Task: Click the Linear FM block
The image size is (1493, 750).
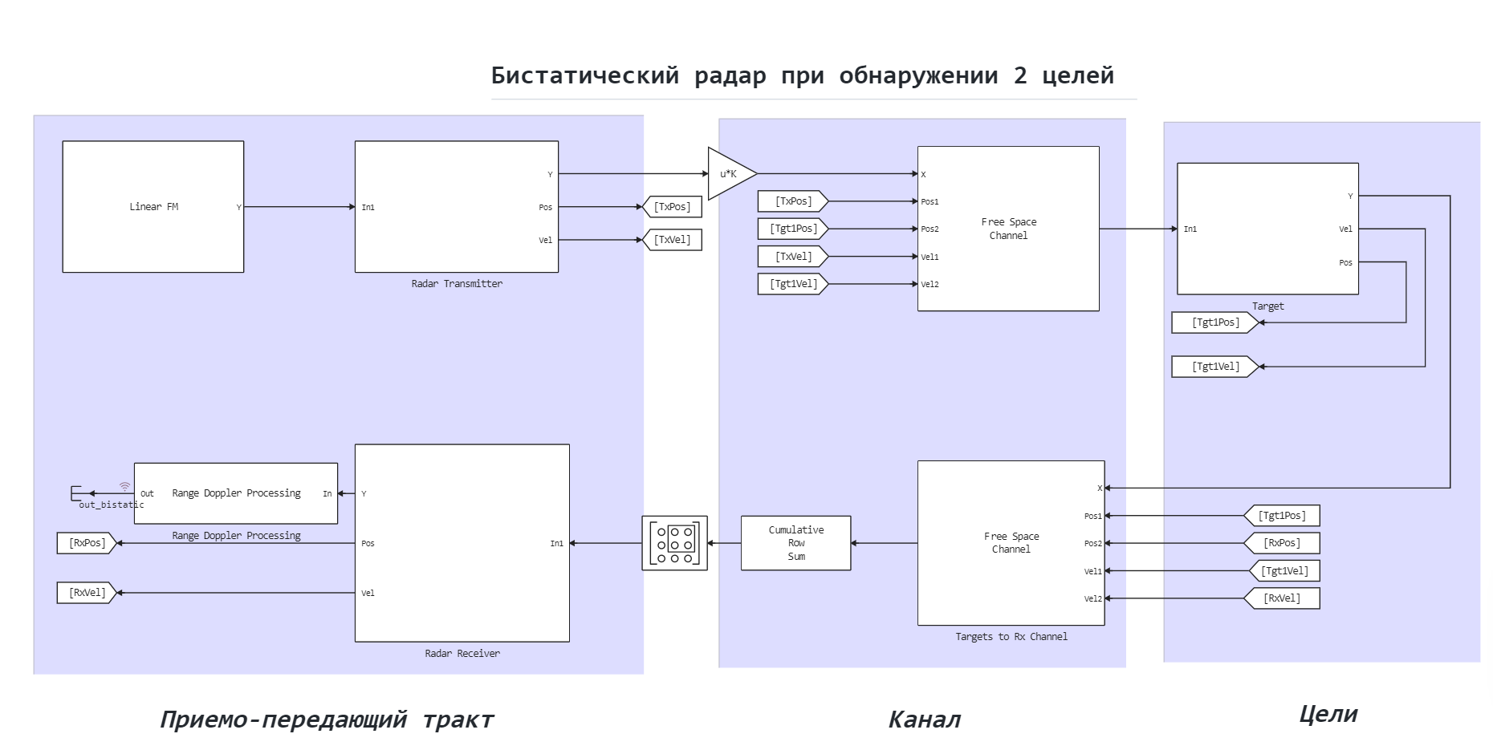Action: point(153,207)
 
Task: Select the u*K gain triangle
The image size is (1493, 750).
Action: point(730,174)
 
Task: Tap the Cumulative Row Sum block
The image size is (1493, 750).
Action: point(795,543)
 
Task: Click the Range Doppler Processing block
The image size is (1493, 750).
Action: point(236,493)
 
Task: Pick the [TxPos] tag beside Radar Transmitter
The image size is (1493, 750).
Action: point(672,207)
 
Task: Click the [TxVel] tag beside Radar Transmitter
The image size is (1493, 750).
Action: point(672,240)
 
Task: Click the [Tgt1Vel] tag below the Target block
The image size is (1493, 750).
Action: point(1214,367)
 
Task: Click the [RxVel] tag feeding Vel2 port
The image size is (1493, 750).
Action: point(1282,598)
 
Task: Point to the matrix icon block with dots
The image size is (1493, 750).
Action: point(674,543)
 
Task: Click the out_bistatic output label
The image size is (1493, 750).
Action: point(111,505)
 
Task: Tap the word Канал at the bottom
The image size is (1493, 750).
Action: point(924,720)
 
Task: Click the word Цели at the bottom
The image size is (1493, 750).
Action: point(1328,714)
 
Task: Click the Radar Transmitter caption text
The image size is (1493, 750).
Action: point(457,283)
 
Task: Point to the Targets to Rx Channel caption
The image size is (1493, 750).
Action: point(1011,636)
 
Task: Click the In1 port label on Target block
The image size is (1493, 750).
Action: point(1190,229)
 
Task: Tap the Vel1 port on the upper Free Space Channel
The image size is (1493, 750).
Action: point(930,257)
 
